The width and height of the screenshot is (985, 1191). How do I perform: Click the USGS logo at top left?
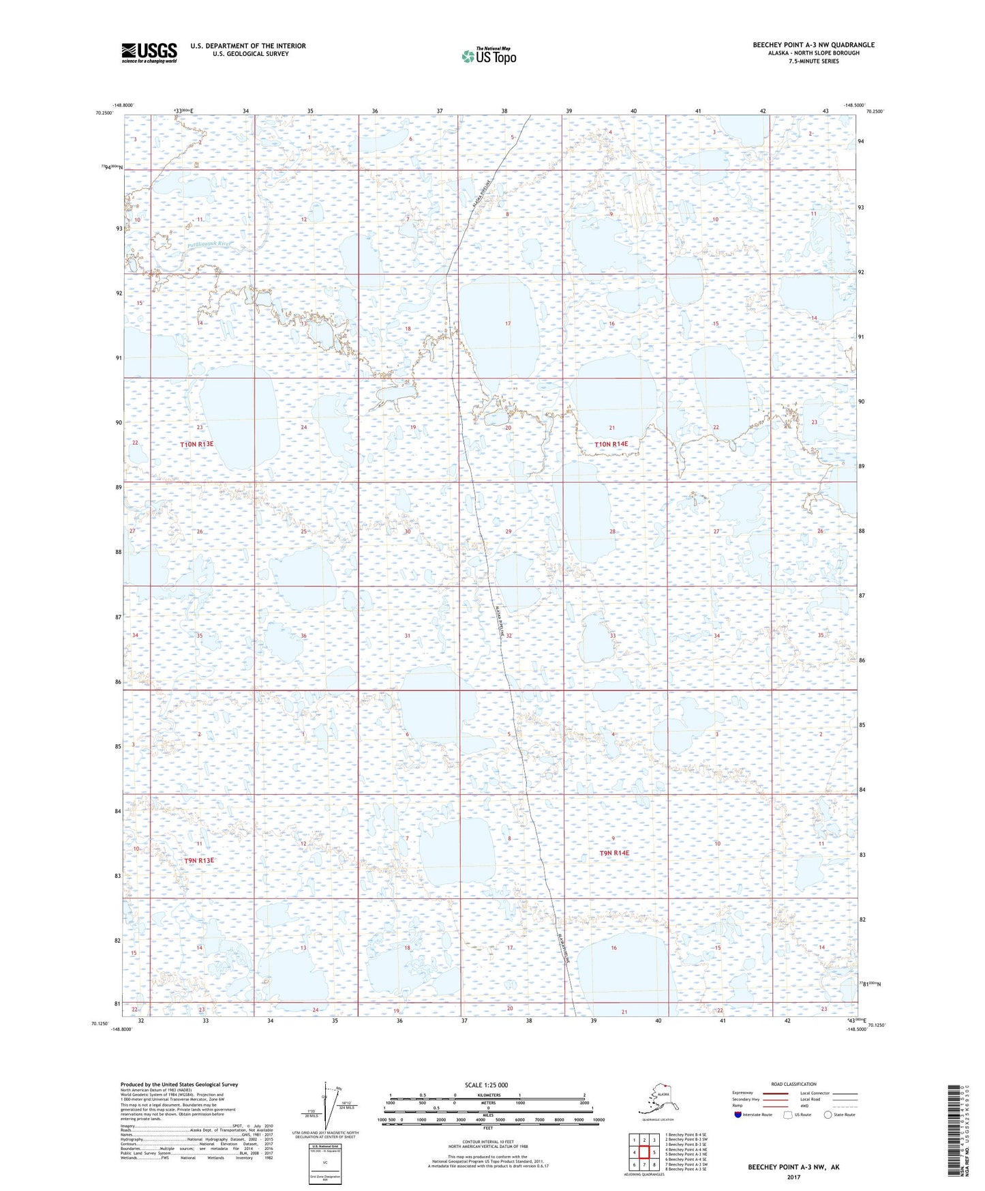(149, 53)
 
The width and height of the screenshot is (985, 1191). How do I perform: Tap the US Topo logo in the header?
(488, 56)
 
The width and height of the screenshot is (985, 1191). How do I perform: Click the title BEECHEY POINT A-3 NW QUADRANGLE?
(813, 45)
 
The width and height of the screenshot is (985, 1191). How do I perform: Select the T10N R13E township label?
(197, 444)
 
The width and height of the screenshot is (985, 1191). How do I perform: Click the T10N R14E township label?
(611, 444)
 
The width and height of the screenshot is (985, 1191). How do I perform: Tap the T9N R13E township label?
(199, 861)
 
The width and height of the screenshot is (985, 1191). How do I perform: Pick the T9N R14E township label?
(614, 853)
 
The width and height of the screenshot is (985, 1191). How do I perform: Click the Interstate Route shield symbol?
(738, 1115)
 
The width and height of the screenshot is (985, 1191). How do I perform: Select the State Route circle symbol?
(828, 1115)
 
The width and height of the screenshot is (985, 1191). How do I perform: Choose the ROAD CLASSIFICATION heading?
(793, 1084)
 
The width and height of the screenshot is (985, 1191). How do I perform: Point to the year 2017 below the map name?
(793, 1177)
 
